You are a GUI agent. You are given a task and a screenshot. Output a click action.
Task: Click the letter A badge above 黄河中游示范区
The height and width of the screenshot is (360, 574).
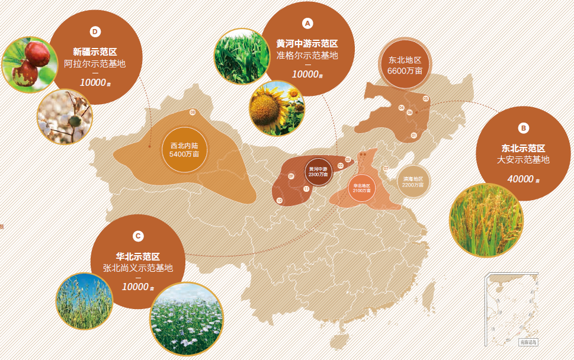click(307, 23)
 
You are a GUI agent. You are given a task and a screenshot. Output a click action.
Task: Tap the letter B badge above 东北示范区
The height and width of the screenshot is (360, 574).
click(523, 127)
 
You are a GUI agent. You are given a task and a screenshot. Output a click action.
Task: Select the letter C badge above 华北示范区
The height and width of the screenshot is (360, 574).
click(138, 236)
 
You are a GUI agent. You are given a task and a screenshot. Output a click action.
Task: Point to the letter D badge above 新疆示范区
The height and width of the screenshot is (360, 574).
click(95, 31)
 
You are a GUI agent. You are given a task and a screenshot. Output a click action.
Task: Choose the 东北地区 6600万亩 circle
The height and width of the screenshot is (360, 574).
click(405, 65)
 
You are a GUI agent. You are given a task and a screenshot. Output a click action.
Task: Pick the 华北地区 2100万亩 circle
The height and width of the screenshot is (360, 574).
click(361, 188)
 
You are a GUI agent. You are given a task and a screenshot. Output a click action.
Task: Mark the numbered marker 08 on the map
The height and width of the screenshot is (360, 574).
click(193, 112)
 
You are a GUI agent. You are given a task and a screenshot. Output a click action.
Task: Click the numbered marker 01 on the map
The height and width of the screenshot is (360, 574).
click(413, 136)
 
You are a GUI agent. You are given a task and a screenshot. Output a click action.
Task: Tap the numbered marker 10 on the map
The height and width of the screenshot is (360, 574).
click(280, 201)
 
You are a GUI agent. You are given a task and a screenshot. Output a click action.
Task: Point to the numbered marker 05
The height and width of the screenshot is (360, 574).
click(425, 98)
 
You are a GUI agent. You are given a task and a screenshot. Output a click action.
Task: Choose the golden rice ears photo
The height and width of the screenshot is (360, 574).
click(487, 221)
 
